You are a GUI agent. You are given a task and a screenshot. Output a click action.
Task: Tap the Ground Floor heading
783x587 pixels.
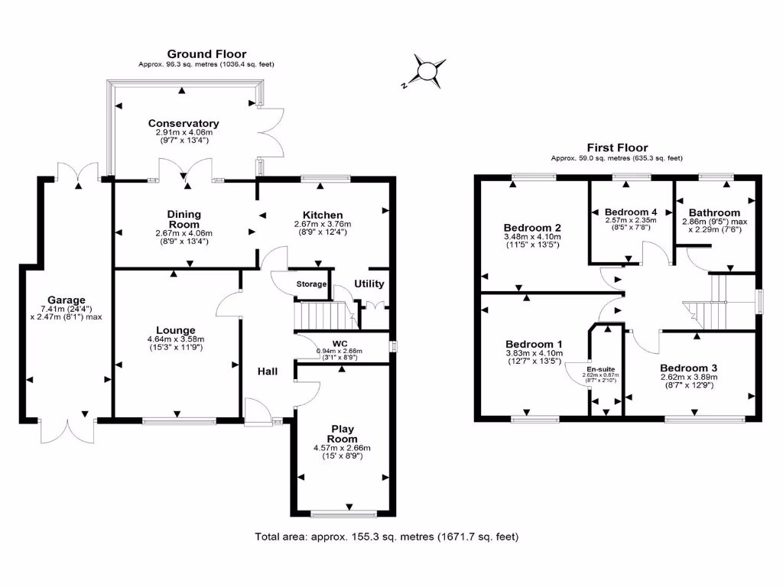click(x=206, y=54)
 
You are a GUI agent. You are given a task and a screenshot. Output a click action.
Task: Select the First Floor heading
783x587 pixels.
click(x=617, y=148)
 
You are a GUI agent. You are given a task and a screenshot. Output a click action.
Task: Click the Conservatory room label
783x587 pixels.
click(x=184, y=123)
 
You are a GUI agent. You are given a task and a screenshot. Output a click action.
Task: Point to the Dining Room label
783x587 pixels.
click(x=184, y=219)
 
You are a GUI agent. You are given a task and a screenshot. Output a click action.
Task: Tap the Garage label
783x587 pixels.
click(x=67, y=300)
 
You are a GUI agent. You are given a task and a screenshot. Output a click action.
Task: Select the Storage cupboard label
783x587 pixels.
click(x=311, y=284)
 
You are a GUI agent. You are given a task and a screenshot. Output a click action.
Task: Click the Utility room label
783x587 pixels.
click(x=369, y=284)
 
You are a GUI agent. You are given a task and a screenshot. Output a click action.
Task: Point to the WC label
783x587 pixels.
click(x=340, y=343)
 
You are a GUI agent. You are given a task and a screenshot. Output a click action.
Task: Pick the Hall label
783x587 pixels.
click(x=267, y=371)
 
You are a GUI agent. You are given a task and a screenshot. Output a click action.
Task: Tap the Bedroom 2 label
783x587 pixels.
click(x=532, y=228)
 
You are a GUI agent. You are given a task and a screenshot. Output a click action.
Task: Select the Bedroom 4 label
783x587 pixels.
click(x=630, y=212)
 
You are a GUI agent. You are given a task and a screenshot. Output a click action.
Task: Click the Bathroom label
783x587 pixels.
click(x=714, y=212)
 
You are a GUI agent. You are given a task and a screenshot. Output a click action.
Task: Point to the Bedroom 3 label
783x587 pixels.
click(x=689, y=367)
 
